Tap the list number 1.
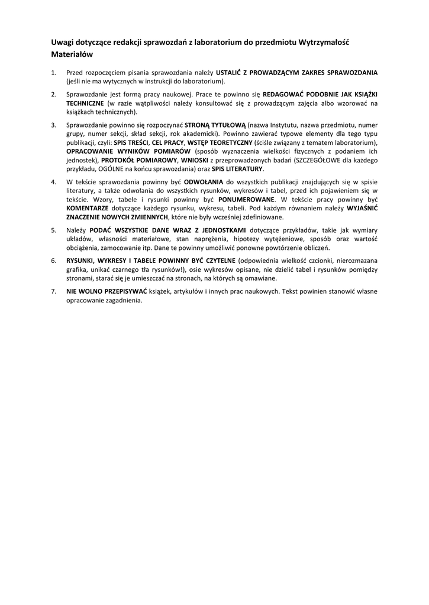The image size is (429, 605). pos(53,73)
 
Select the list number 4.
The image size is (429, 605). pos(53,182)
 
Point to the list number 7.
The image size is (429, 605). pos(53,291)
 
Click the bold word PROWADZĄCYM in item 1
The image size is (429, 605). pos(275,73)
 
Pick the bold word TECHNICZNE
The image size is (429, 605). pos(85,103)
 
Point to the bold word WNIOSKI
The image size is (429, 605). pos(195,160)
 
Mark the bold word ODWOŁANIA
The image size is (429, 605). pos(204,182)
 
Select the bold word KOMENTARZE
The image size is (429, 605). pos(87,209)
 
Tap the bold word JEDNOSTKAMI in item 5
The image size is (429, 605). pos(220,230)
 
